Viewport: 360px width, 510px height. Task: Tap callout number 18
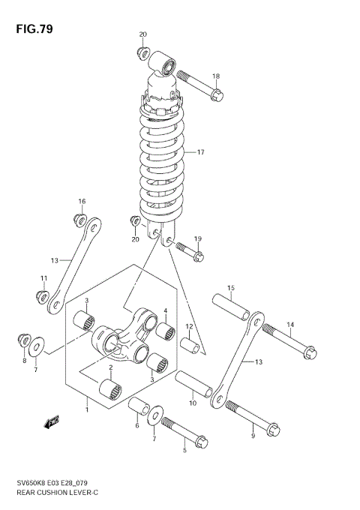pos(215,76)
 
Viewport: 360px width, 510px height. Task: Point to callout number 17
pos(200,152)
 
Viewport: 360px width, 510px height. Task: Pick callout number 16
pos(82,201)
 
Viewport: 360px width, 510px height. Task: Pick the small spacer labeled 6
pos(136,407)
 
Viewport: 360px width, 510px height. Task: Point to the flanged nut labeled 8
pos(22,341)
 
